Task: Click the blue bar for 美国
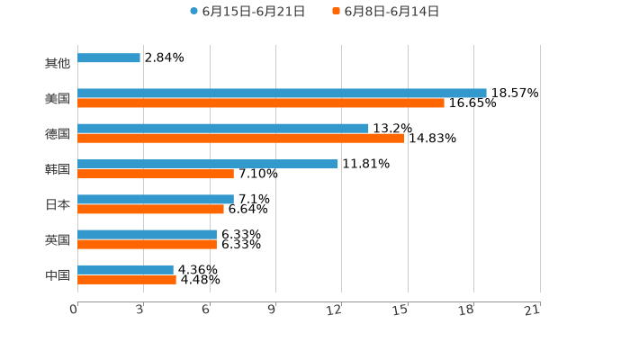[282, 93]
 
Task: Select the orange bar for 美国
[261, 103]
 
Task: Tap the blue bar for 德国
[223, 128]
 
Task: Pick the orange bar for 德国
[240, 138]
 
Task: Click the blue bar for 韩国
[208, 164]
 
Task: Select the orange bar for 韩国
[156, 174]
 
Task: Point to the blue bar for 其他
[109, 58]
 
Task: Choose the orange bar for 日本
[150, 209]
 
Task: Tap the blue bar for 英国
[147, 234]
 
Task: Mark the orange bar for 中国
[127, 279]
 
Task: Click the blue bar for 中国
[125, 269]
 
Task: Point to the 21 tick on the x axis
[533, 310]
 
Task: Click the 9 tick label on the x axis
[272, 310]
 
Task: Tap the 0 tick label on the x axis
[74, 310]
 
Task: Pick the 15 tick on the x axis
[401, 310]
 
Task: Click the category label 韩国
[58, 169]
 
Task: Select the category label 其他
[58, 64]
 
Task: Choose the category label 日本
[58, 204]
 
